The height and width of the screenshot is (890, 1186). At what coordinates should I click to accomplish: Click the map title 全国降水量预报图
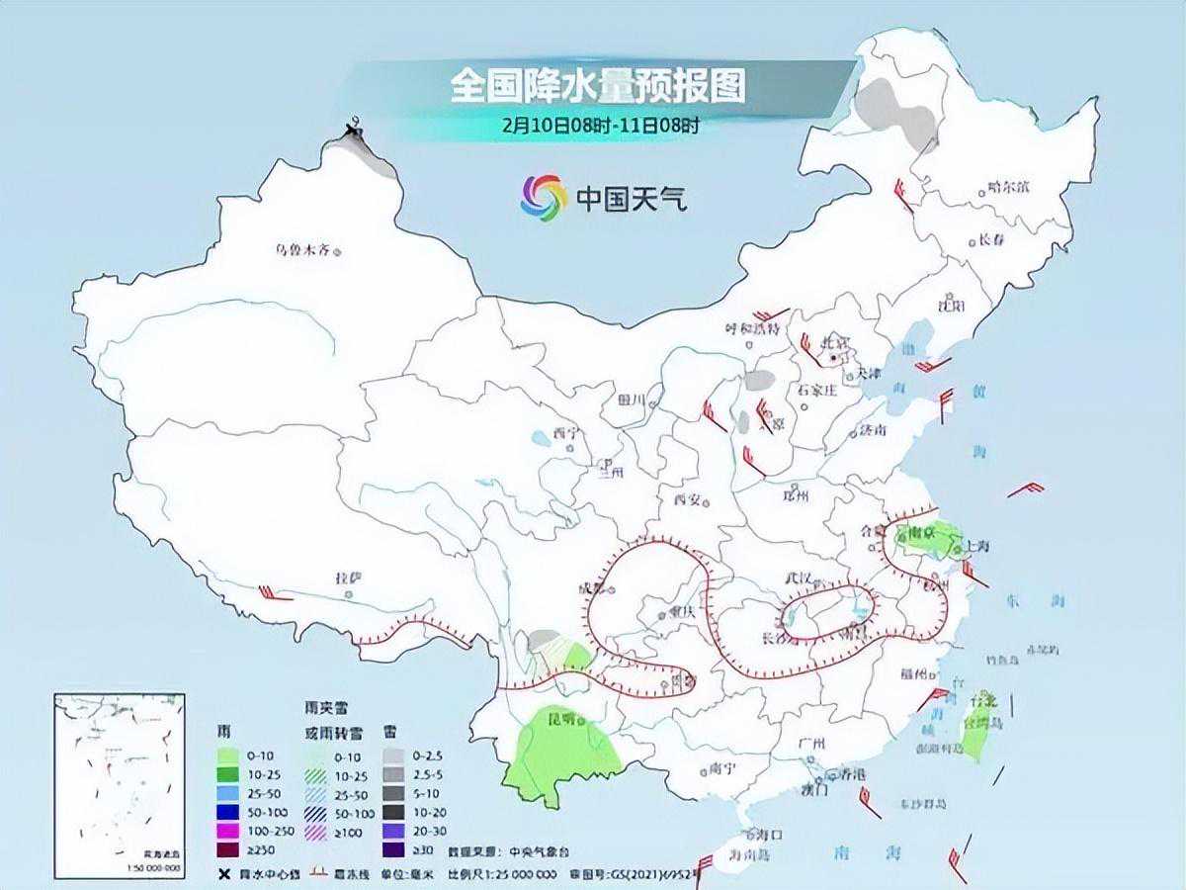pos(597,87)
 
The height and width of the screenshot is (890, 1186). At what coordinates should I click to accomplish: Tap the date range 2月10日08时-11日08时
pos(600,126)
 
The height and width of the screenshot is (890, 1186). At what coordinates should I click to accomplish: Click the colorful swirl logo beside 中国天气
pos(544,198)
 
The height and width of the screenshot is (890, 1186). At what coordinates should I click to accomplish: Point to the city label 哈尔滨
pos(1008,187)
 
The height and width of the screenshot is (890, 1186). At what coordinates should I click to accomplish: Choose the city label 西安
pos(687,499)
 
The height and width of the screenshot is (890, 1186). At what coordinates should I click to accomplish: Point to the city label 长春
pos(990,240)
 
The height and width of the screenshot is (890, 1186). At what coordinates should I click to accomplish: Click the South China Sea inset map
pos(119,781)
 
